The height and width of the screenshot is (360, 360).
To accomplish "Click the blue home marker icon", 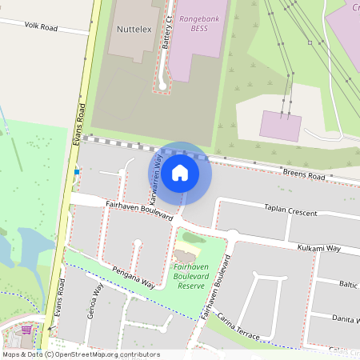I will coord(180,173).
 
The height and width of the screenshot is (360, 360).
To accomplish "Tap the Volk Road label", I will coord(42,26).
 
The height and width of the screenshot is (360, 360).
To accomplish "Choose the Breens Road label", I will coord(305,174).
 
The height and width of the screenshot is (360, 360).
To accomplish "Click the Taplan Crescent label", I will coord(290,212).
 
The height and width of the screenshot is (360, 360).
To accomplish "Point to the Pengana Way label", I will coord(133,278).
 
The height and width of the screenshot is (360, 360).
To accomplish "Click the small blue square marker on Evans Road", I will coord(77,171).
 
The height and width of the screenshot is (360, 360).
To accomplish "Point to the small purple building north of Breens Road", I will coord(281,126).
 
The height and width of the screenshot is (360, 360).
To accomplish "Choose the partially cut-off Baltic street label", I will coord(347,284).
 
